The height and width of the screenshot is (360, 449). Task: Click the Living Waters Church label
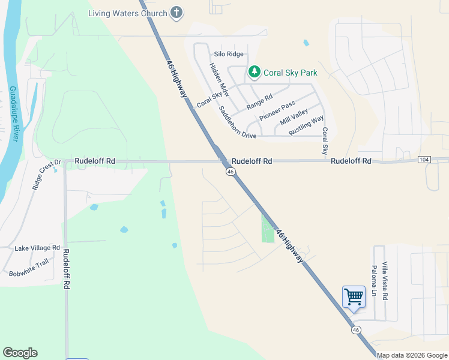[127, 13]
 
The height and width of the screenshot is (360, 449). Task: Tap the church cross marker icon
[176, 13]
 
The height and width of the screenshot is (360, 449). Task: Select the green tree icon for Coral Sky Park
[255, 73]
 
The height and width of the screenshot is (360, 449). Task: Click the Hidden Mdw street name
[219, 79]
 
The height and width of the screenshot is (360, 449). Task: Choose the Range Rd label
[259, 102]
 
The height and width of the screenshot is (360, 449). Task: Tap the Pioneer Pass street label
[277, 111]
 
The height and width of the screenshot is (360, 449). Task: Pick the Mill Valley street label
[294, 116]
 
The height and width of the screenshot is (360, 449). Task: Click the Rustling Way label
[306, 125]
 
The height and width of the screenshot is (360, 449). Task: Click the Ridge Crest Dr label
[46, 175]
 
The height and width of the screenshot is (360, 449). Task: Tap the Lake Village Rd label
[38, 247]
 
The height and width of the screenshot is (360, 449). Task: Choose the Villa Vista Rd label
[385, 281]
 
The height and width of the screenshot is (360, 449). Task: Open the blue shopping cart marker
[354, 297]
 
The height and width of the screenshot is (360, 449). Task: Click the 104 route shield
[425, 160]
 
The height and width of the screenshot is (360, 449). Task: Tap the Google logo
[20, 353]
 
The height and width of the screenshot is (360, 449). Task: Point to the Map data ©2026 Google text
[412, 355]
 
